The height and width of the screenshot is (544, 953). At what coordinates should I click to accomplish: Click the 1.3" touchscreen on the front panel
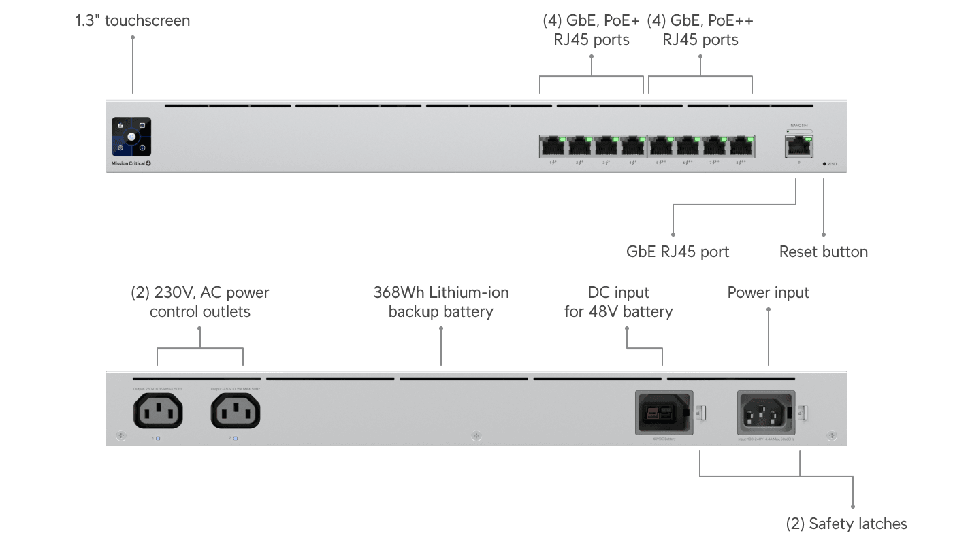(x=131, y=137)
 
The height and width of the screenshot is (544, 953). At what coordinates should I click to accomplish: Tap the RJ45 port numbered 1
(x=553, y=146)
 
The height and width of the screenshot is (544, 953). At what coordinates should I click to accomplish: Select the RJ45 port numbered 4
(x=633, y=146)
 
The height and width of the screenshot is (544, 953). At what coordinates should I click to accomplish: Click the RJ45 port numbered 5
(x=660, y=146)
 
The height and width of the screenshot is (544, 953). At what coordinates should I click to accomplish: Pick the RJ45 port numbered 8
(x=741, y=146)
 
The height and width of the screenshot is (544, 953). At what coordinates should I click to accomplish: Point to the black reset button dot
(x=824, y=164)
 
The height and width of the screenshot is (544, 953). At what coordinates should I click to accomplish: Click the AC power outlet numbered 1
(x=157, y=411)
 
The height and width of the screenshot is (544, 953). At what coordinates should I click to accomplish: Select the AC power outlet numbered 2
(x=236, y=411)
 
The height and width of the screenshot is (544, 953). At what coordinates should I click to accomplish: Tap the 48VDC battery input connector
(x=661, y=412)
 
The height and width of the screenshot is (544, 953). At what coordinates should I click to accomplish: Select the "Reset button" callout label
(x=823, y=252)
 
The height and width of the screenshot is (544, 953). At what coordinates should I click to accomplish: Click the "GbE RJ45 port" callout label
(x=677, y=252)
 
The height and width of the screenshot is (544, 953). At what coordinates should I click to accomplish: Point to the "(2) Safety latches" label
(x=846, y=524)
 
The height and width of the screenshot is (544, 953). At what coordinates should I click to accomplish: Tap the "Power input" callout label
(x=768, y=292)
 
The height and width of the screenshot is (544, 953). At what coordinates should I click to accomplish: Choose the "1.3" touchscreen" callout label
(x=133, y=20)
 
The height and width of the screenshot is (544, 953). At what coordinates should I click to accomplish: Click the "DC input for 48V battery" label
(x=618, y=302)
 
